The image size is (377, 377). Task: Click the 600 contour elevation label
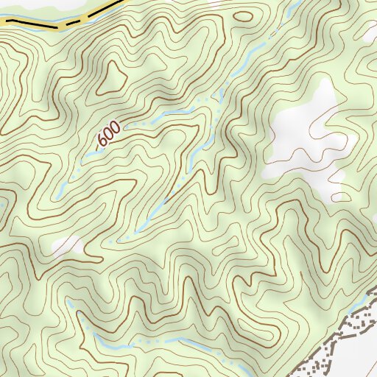click(x=108, y=134)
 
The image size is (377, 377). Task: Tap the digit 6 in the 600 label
click(x=102, y=140)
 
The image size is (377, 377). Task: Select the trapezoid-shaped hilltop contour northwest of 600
click(x=112, y=77)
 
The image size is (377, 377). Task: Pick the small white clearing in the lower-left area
click(x=68, y=244)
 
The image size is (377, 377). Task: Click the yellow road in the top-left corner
click(x=29, y=24)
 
